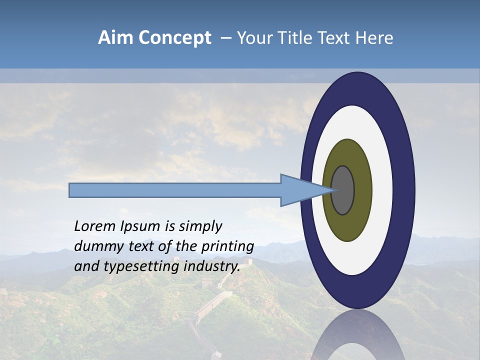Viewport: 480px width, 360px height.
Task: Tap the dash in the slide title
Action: [225, 38]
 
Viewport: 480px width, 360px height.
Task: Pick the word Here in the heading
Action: [375, 38]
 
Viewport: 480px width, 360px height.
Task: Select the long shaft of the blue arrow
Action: [175, 190]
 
